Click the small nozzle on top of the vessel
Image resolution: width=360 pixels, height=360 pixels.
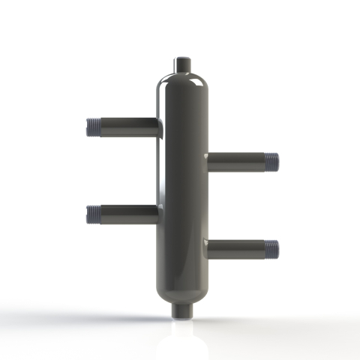(x=182, y=64)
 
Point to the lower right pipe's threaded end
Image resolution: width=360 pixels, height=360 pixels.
(x=271, y=248)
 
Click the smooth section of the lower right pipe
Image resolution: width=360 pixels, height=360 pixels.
(x=236, y=248)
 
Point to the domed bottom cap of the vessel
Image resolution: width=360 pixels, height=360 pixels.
(x=182, y=291)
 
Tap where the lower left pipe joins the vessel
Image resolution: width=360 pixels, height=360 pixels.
(x=160, y=215)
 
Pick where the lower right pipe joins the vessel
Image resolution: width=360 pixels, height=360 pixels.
(x=205, y=248)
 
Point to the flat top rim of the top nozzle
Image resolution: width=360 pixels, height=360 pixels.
(x=182, y=57)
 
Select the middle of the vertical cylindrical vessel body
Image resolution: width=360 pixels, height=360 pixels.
(x=182, y=187)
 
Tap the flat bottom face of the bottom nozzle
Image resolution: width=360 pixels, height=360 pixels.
(x=182, y=316)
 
